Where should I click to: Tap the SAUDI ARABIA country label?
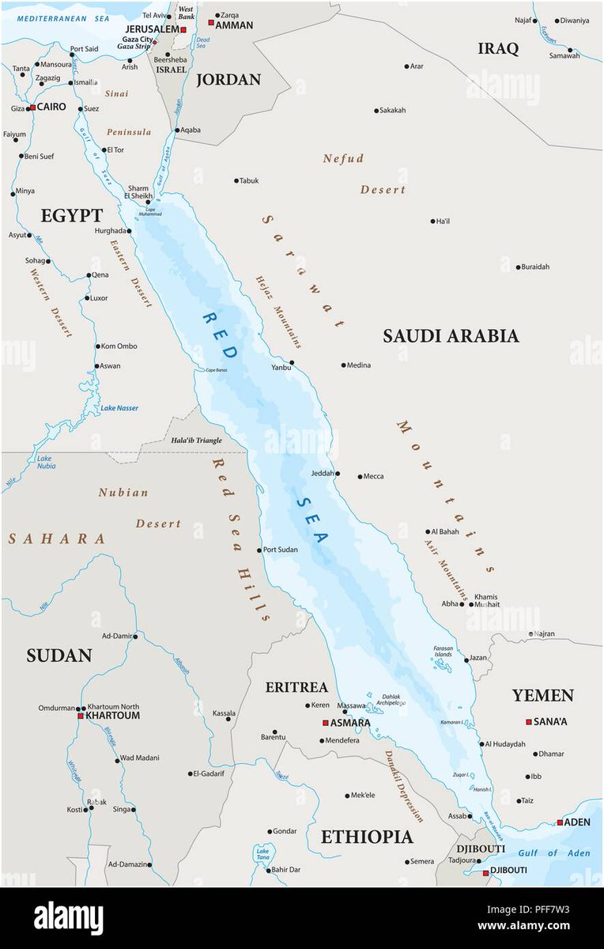451,336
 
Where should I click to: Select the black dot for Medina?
344,365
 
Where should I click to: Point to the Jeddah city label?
322,474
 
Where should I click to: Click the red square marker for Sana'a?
529,721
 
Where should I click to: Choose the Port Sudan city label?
281,550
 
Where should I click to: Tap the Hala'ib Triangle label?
197,440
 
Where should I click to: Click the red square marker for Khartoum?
80,716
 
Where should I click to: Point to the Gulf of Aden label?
553,853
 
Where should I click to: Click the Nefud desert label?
344,159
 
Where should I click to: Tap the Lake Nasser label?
119,408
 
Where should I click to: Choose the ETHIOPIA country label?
366,837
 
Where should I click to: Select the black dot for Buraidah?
518,267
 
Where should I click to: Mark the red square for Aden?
560,822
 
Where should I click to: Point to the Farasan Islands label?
443,652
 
